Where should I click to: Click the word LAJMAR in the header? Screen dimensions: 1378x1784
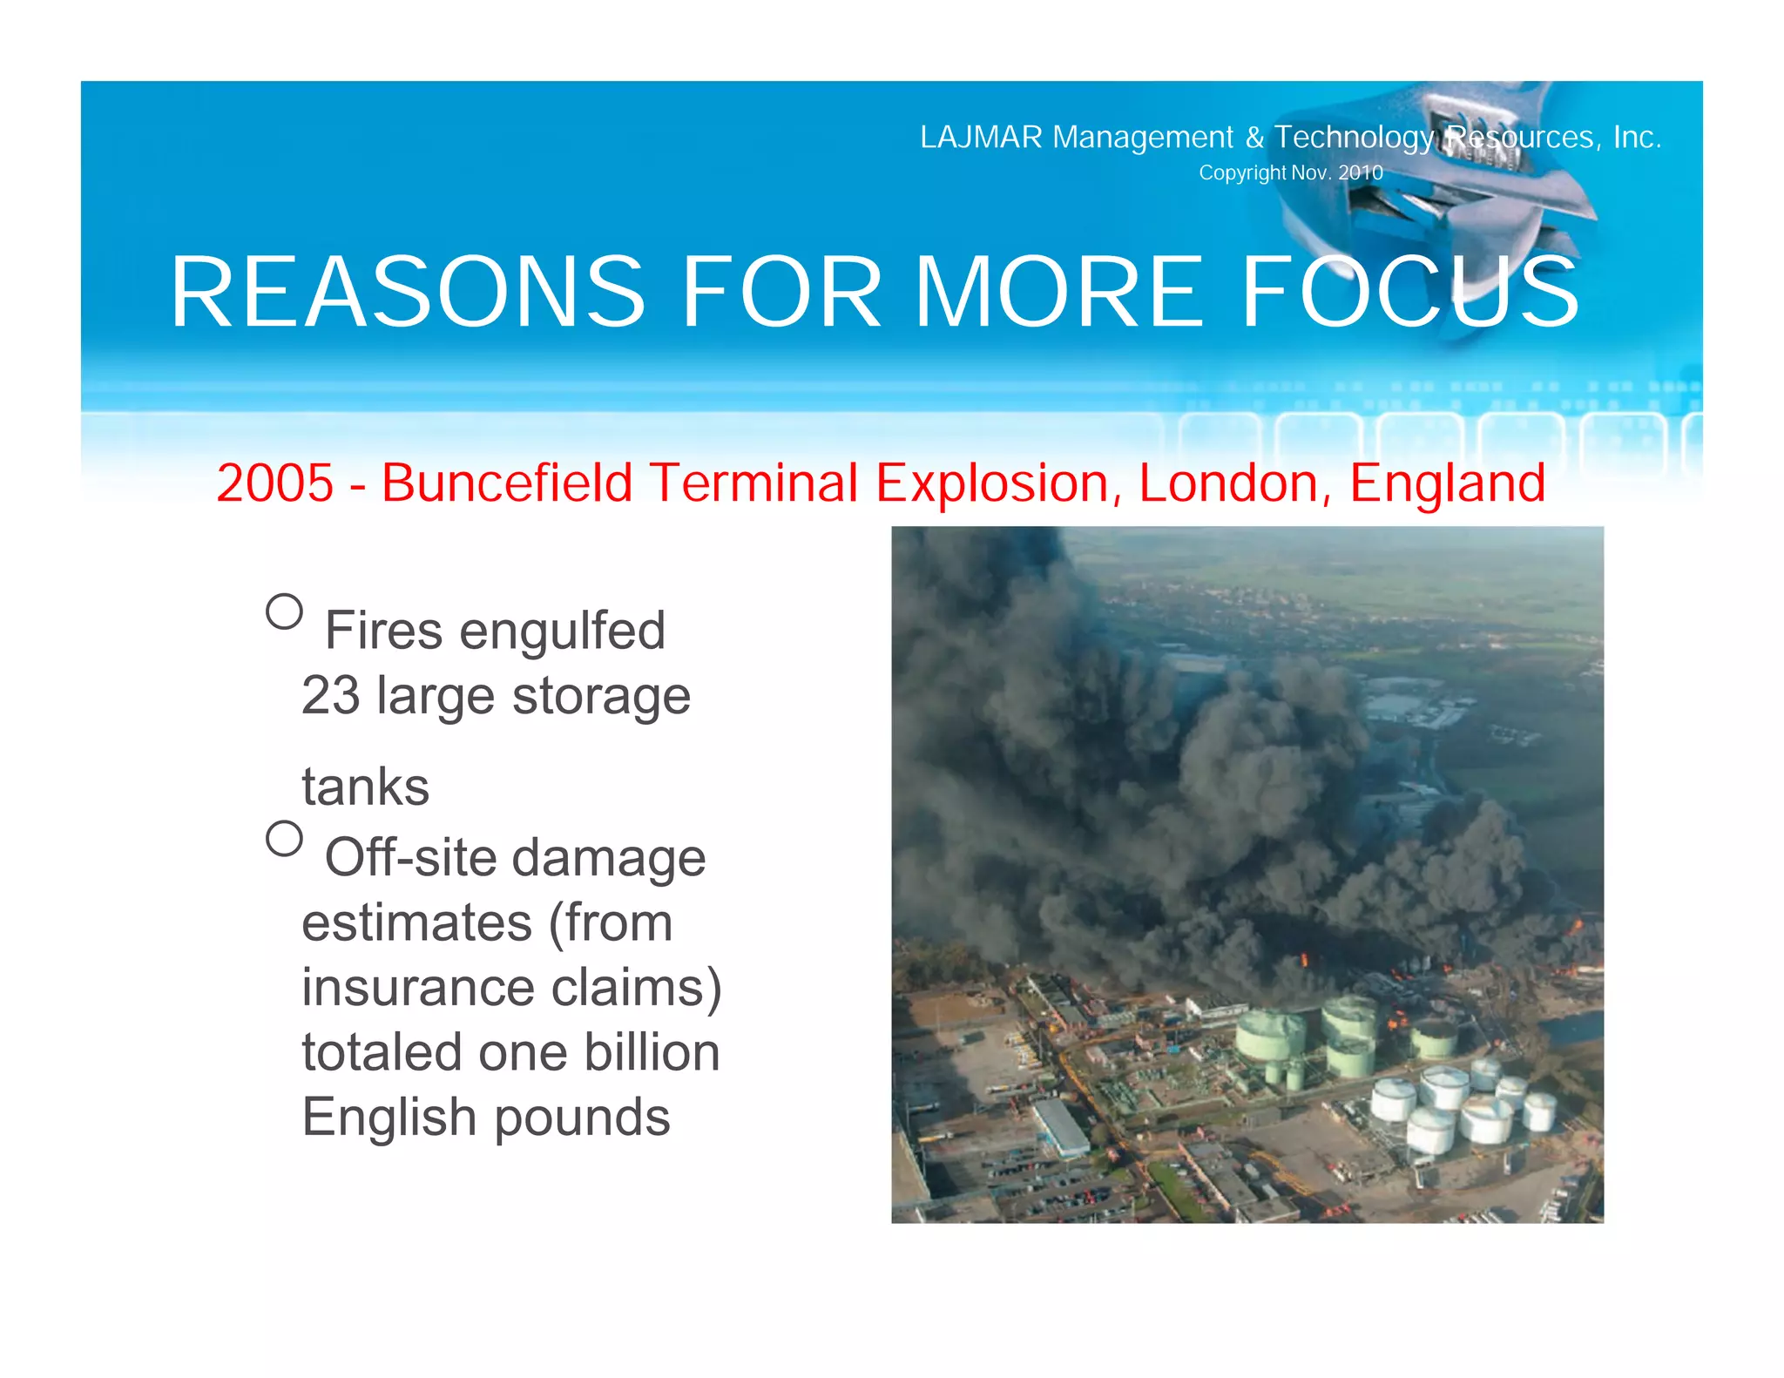pyautogui.click(x=981, y=138)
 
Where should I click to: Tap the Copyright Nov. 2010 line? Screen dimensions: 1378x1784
pyautogui.click(x=1290, y=172)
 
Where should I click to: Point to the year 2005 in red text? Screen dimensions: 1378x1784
pyautogui.click(x=274, y=483)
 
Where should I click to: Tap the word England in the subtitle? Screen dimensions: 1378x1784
pyautogui.click(x=1447, y=483)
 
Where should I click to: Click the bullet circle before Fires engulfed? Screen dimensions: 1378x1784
pyautogui.click(x=284, y=611)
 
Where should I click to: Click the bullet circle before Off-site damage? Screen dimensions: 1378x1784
pyautogui.click(x=284, y=839)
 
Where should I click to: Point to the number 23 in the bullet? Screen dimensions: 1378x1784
pyautogui.click(x=330, y=696)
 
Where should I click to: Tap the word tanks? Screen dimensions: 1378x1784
pyautogui.click(x=365, y=787)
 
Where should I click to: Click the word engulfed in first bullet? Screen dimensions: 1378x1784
pyautogui.click(x=562, y=631)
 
